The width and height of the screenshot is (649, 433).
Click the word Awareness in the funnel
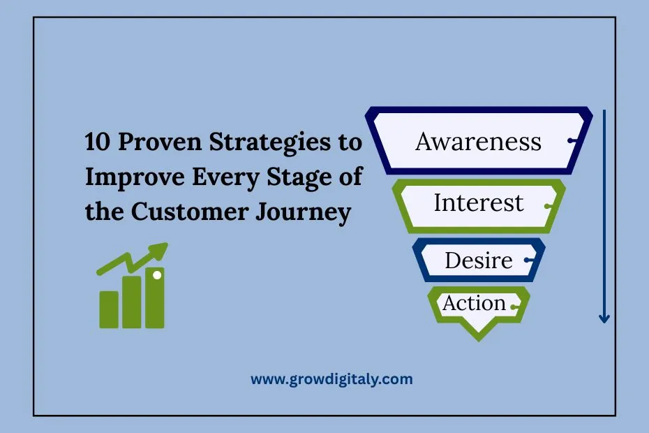click(478, 141)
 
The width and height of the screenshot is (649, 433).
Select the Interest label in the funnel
click(479, 203)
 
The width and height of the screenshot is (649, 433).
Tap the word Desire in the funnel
click(479, 260)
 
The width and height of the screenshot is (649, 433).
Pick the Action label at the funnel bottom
click(474, 303)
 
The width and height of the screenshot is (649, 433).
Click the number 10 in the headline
click(98, 141)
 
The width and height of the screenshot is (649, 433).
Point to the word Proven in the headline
click(160, 141)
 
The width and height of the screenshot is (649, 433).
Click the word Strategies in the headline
click(270, 143)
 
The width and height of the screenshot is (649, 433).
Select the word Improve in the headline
click(135, 178)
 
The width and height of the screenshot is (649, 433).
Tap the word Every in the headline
click(225, 178)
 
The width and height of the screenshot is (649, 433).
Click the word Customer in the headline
click(190, 212)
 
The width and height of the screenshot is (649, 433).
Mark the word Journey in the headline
click(304, 213)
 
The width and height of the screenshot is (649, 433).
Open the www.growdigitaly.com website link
click(331, 379)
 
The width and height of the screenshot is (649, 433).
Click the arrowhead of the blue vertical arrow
click(604, 319)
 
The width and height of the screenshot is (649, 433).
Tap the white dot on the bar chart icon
click(157, 274)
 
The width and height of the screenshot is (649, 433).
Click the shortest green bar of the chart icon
click(109, 309)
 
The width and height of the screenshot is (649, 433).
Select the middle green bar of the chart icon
click(132, 302)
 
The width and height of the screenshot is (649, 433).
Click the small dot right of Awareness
click(572, 141)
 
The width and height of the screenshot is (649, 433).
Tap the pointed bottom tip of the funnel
click(479, 340)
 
